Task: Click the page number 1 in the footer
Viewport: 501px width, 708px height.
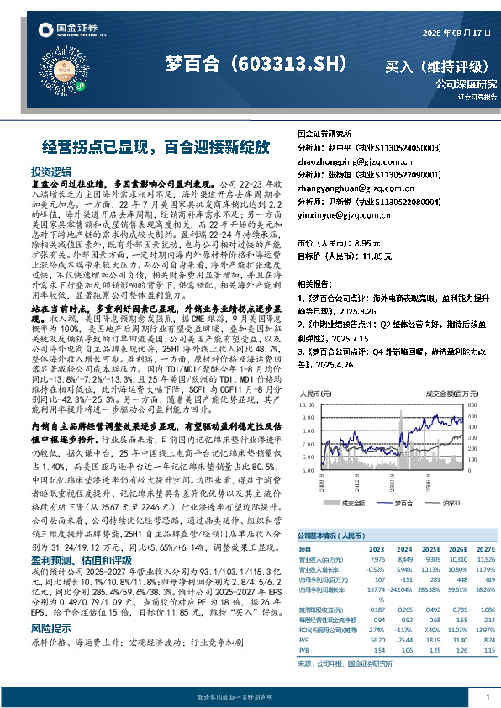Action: click(x=487, y=697)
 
